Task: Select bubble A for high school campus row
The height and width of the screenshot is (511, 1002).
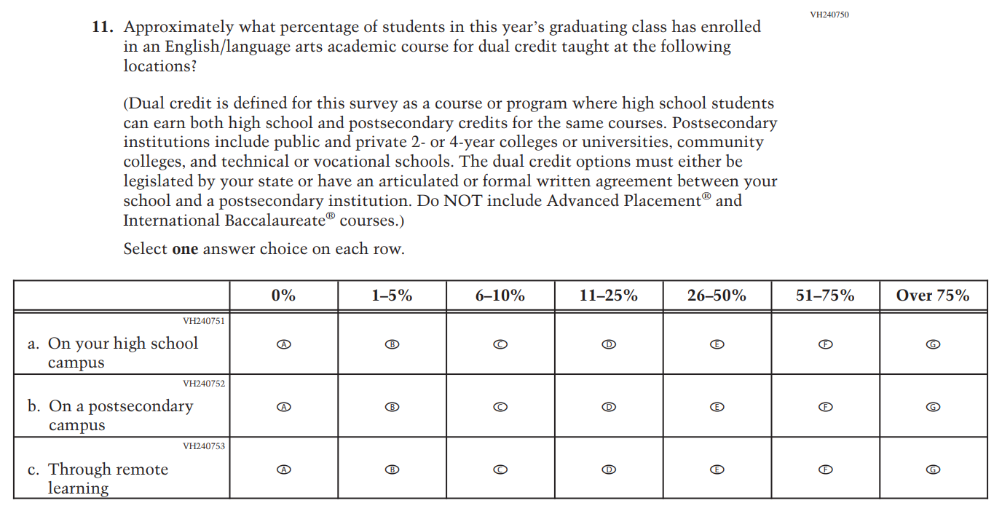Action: [x=284, y=344]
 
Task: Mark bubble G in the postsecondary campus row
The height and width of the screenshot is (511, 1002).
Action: [x=934, y=407]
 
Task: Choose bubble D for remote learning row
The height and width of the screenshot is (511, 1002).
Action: [x=609, y=470]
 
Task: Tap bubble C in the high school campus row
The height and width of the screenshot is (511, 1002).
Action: [x=500, y=344]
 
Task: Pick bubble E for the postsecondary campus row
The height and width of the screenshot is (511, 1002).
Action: [x=717, y=407]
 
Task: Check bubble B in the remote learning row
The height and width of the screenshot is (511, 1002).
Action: [x=392, y=470]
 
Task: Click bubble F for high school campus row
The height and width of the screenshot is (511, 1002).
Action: [x=825, y=344]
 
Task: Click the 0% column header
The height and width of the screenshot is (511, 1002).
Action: [x=283, y=296]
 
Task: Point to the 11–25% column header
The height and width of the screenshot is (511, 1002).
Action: [x=608, y=296]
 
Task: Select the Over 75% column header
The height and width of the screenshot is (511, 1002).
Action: [x=933, y=296]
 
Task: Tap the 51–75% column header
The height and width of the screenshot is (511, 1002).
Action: [x=825, y=296]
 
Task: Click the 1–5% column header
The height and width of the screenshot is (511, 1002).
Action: [x=392, y=296]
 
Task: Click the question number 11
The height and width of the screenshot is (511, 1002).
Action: [x=102, y=28]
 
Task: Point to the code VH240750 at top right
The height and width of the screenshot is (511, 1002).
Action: [x=829, y=15]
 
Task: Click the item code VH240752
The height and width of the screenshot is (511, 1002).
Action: [x=204, y=384]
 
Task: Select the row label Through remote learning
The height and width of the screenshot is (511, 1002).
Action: [x=108, y=478]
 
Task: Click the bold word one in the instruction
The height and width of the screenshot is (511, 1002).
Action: [x=185, y=249]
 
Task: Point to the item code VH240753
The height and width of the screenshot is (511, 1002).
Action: [x=204, y=446]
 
